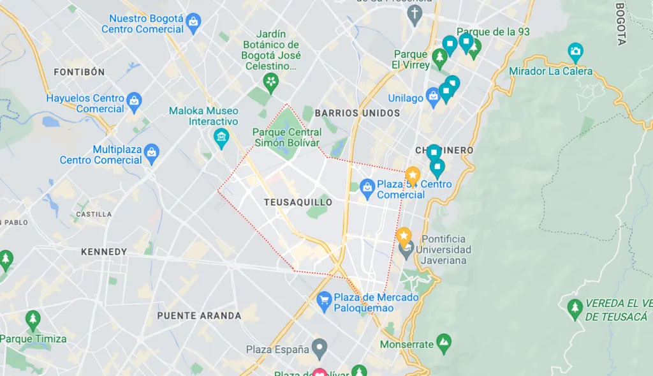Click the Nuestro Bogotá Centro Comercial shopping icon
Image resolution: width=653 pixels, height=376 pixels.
point(194,24)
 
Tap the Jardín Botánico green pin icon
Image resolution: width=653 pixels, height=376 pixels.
point(271,81)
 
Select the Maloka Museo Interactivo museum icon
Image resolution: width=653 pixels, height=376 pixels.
point(221,137)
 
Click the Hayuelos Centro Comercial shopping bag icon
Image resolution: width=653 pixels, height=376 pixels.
point(134,100)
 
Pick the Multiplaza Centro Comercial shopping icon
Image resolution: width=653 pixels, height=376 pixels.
point(151,152)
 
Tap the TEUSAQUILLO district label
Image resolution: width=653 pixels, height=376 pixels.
point(298,202)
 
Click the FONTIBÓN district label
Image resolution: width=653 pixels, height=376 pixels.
point(79,72)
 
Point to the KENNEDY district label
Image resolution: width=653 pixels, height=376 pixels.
point(104,252)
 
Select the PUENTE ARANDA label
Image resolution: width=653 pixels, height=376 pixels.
point(199,315)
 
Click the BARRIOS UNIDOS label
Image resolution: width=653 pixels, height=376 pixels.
point(357,113)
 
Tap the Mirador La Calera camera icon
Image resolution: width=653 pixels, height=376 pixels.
point(575,51)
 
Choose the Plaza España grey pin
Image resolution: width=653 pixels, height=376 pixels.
point(319,349)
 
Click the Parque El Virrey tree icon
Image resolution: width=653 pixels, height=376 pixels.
point(439,58)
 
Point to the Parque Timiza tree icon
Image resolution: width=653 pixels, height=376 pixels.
point(33,320)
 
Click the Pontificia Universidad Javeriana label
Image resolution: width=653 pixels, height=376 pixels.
point(443,250)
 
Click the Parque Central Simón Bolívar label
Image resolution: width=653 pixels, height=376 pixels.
point(286,137)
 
